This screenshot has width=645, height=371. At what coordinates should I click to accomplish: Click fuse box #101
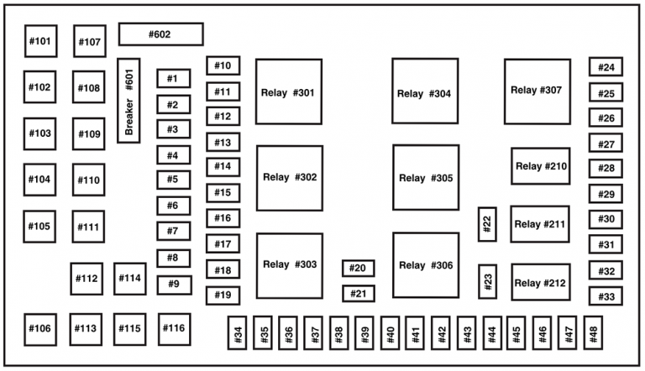tap(40, 40)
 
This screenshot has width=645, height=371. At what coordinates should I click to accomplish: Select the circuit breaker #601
tap(128, 100)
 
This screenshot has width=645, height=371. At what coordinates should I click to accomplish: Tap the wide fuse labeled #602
tap(160, 34)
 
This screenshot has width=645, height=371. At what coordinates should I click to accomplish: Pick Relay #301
tap(288, 91)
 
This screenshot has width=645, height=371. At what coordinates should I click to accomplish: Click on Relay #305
tap(425, 178)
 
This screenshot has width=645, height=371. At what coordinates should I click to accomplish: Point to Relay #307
tap(537, 91)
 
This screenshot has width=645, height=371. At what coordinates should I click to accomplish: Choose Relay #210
tap(541, 166)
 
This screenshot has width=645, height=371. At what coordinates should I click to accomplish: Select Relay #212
tap(540, 282)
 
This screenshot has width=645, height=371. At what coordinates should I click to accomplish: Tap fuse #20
tap(358, 269)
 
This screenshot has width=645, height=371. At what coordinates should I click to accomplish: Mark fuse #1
tap(172, 79)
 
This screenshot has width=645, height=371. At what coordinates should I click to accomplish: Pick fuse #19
tap(223, 295)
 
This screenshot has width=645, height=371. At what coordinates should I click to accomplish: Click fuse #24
tap(606, 68)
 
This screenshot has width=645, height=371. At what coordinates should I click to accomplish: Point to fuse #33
tap(606, 297)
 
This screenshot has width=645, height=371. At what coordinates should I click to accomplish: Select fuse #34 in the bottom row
tap(239, 333)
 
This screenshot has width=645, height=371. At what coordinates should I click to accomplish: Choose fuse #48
tap(593, 333)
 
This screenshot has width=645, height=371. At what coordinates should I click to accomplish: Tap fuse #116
tap(173, 328)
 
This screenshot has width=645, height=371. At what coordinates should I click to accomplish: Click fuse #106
tap(40, 328)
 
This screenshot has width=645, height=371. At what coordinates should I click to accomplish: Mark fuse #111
tap(89, 227)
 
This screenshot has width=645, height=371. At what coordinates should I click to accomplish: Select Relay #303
tap(289, 265)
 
